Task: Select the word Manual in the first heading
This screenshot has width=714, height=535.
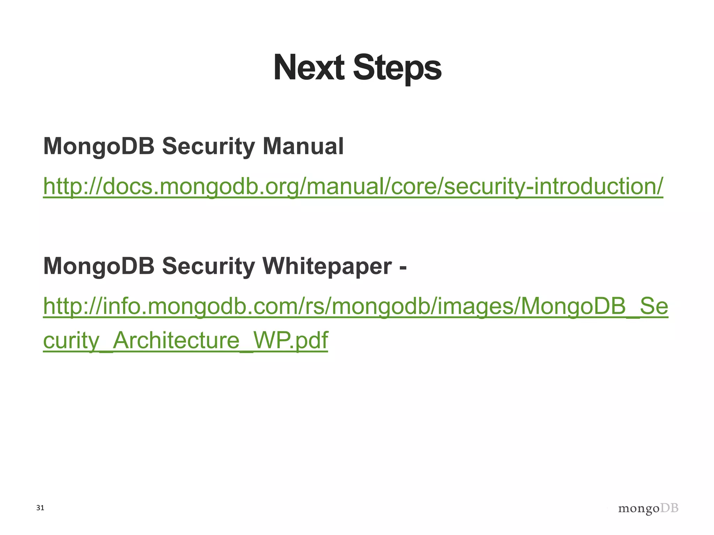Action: pos(303,146)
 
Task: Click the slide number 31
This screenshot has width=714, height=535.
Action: pos(40,508)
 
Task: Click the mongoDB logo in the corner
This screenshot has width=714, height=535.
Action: pos(648,509)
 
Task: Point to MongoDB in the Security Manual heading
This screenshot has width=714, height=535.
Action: pos(99,146)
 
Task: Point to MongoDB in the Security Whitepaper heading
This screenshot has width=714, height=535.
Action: pos(99,266)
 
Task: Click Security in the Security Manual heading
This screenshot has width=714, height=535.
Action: pos(208,146)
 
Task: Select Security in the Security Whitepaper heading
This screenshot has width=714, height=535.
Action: pos(208,266)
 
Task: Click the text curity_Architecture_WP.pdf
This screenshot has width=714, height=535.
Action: pos(185,340)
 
